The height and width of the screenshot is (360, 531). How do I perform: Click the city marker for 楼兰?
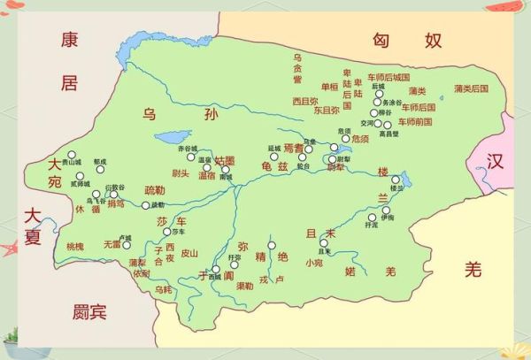click(x=396, y=179)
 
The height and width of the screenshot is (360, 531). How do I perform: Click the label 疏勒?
click(x=154, y=189)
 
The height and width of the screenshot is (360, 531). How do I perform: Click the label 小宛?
click(x=314, y=262)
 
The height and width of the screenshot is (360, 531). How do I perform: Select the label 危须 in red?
click(x=359, y=139)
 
